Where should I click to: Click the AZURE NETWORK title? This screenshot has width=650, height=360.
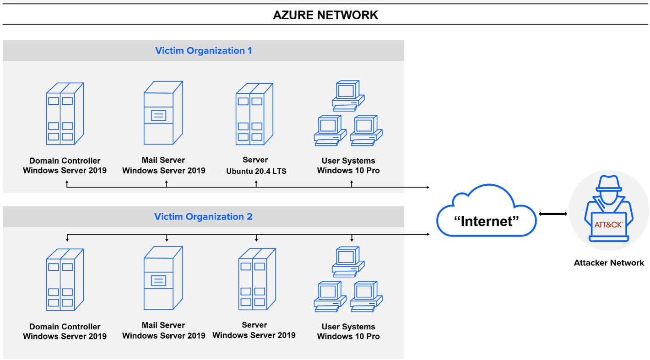(x=325, y=15)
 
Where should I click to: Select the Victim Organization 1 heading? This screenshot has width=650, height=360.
(x=203, y=51)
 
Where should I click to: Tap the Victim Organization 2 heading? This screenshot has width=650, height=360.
(x=203, y=217)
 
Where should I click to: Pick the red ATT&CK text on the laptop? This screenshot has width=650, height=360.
(x=608, y=225)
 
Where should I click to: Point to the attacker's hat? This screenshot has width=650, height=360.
(x=608, y=183)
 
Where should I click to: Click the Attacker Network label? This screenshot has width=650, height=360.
(x=608, y=263)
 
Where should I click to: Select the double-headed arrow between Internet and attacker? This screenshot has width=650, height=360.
(x=553, y=214)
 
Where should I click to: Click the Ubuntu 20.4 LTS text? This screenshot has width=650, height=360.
(x=256, y=172)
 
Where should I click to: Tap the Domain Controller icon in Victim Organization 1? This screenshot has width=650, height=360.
(x=65, y=113)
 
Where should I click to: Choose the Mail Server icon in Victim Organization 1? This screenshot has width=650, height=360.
(x=163, y=113)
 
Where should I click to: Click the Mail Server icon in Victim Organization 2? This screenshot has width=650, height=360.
(x=163, y=278)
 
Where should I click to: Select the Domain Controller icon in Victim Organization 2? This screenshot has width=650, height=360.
(x=65, y=279)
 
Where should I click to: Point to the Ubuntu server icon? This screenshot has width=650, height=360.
(x=255, y=113)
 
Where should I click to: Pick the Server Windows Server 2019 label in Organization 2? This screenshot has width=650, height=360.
(x=254, y=330)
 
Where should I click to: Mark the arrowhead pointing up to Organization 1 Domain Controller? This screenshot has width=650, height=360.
(x=67, y=183)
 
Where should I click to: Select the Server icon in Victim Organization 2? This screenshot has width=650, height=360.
(x=257, y=279)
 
